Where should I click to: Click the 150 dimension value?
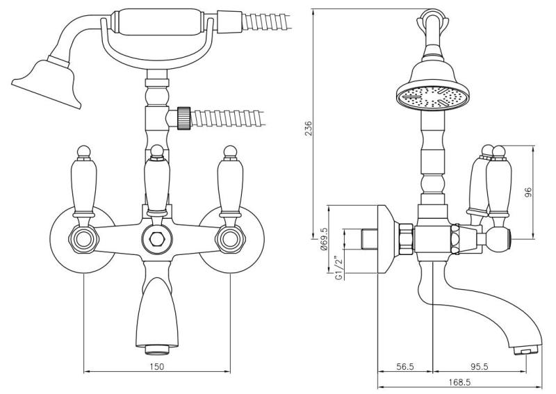(157, 366)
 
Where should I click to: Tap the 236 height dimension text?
(308, 128)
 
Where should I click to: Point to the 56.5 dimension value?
(404, 366)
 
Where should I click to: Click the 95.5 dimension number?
(477, 366)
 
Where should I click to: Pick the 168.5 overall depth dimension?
(459, 381)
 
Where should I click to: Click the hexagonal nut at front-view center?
(156, 240)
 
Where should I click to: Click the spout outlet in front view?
(156, 345)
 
